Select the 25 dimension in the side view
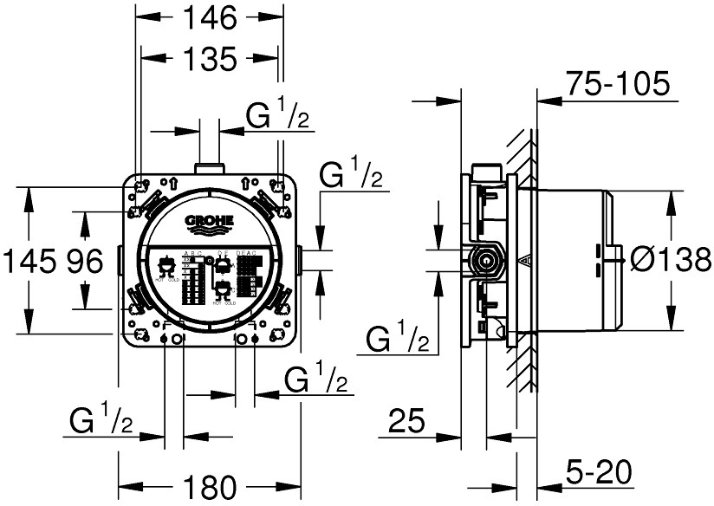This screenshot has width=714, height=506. click(x=406, y=422)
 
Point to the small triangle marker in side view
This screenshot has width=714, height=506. click(x=523, y=258)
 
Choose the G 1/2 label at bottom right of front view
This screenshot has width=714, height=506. click(x=317, y=380)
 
